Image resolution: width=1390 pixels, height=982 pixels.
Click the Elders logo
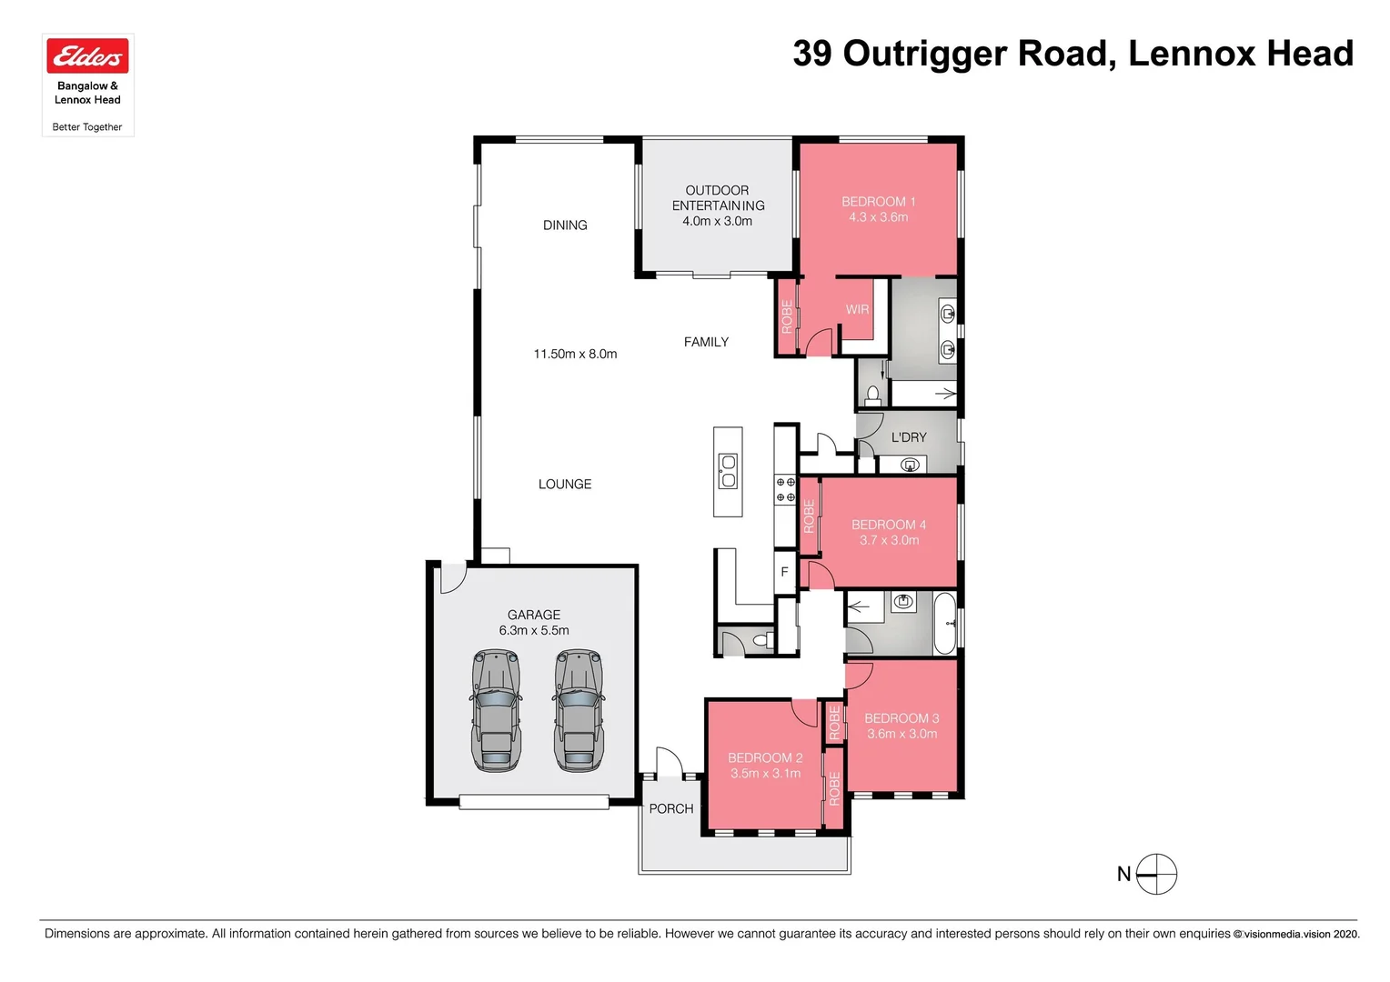click(x=87, y=56)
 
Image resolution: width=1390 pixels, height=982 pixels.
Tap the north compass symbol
click(x=1156, y=875)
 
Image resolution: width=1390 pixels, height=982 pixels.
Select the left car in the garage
click(x=496, y=710)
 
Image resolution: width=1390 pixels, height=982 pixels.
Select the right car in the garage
click(x=579, y=710)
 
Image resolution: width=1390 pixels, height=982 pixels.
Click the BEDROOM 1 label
click(x=878, y=201)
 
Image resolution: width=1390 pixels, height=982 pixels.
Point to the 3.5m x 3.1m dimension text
click(x=765, y=774)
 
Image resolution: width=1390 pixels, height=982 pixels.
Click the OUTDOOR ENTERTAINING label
click(x=718, y=198)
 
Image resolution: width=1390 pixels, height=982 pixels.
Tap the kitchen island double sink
click(x=728, y=471)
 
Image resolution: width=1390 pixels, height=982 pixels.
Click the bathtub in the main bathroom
click(x=945, y=624)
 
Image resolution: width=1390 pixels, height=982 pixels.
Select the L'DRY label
click(x=909, y=437)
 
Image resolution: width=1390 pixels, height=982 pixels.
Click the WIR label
click(x=857, y=309)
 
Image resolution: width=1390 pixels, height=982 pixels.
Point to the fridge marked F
click(x=784, y=572)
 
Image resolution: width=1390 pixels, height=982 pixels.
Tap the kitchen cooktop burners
click(x=785, y=490)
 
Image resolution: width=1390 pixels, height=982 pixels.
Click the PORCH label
click(x=670, y=808)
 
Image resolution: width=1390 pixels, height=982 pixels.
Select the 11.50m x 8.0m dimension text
click(x=575, y=354)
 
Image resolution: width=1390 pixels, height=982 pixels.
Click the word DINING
click(x=565, y=225)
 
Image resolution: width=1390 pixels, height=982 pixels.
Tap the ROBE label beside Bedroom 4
click(x=809, y=516)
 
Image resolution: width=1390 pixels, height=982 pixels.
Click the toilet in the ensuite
click(x=873, y=395)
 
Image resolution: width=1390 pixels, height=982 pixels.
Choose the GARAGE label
click(x=534, y=615)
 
